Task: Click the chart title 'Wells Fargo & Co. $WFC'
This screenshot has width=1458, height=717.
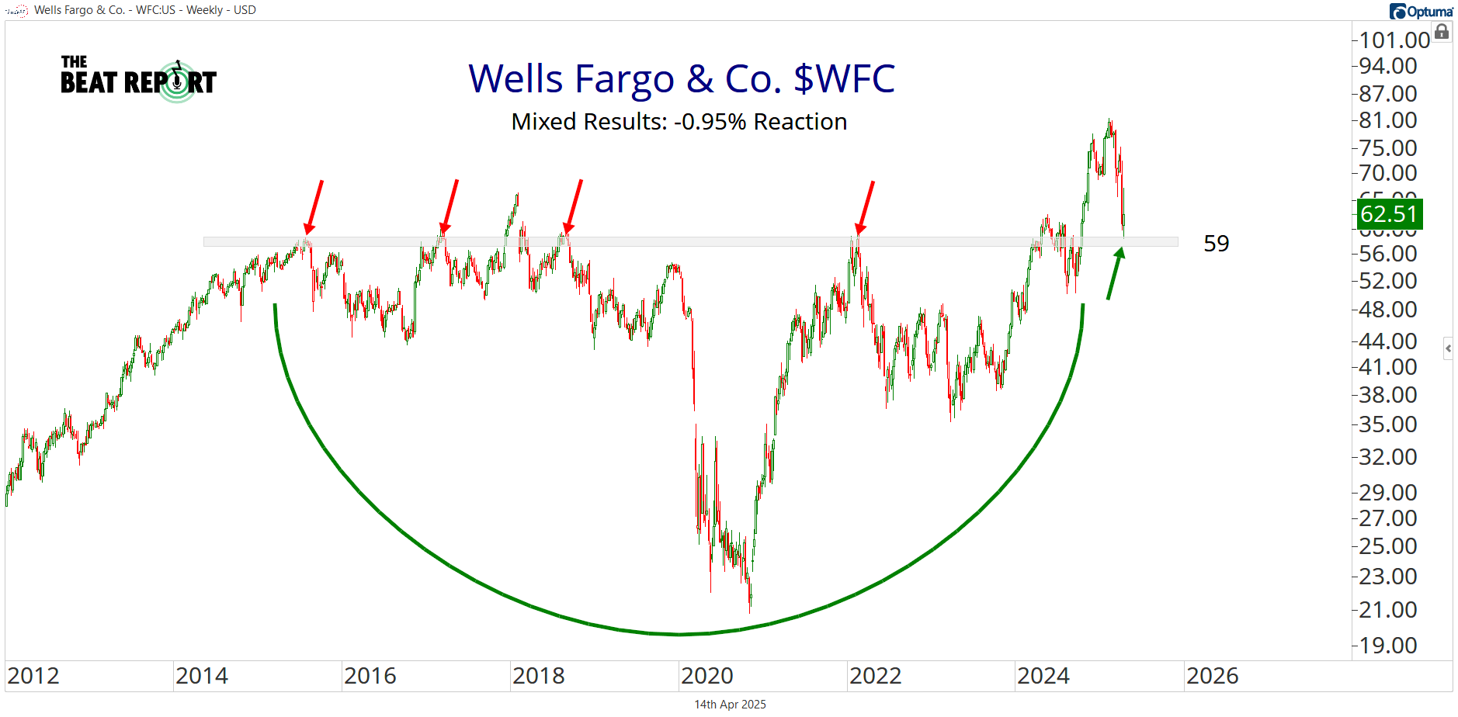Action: [x=681, y=79]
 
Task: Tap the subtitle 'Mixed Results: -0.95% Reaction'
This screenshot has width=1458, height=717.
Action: [x=679, y=122]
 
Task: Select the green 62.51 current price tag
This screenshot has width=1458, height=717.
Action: [x=1389, y=214]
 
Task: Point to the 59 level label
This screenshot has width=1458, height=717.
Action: [x=1216, y=244]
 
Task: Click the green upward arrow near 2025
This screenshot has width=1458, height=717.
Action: [x=1115, y=272]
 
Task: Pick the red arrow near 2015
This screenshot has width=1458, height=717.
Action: [x=314, y=206]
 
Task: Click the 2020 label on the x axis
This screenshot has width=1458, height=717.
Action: [x=706, y=676]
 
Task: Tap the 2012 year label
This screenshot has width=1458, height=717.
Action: [x=33, y=676]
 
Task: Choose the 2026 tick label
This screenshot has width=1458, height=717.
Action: [x=1212, y=676]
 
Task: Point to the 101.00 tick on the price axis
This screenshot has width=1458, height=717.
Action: [x=1394, y=40]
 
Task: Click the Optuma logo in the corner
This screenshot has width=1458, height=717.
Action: [x=1421, y=11]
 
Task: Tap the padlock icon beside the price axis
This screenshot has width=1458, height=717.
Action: [x=1442, y=32]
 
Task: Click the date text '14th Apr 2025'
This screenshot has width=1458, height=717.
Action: [x=730, y=705]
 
